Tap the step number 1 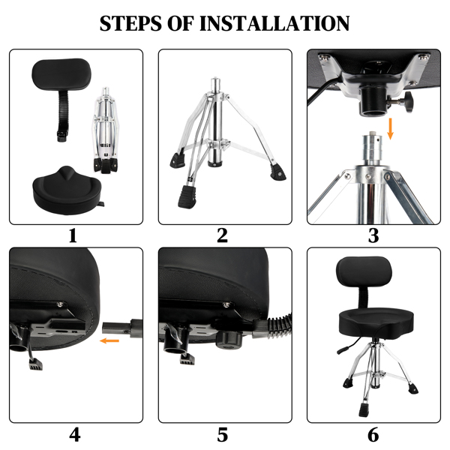pyautogui.click(x=73, y=236)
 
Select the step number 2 pyautogui.click(x=222, y=236)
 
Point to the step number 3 pyautogui.click(x=373, y=236)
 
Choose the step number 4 pyautogui.click(x=74, y=434)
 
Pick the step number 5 pyautogui.click(x=222, y=434)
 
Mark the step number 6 pyautogui.click(x=373, y=434)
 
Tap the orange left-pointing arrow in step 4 pyautogui.click(x=109, y=341)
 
